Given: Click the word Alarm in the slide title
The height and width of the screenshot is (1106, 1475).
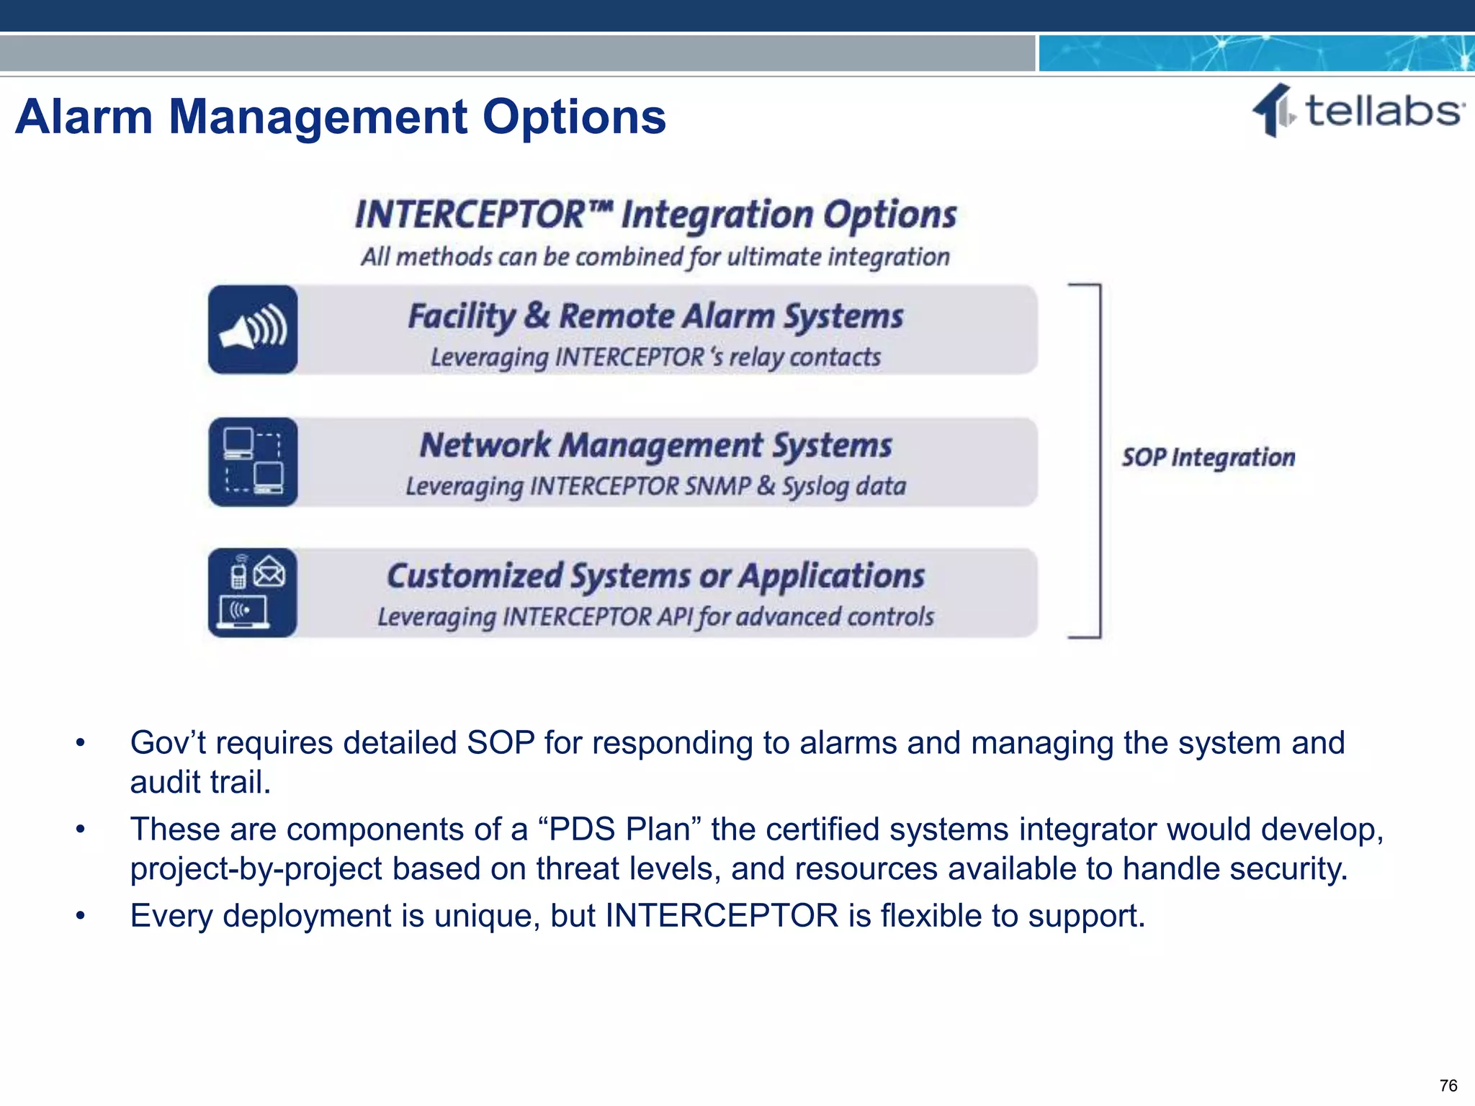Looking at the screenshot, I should (x=84, y=117).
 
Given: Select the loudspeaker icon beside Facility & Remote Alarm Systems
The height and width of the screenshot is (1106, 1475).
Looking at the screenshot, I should (x=253, y=330).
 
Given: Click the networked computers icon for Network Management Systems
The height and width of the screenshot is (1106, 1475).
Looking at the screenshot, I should (x=253, y=462).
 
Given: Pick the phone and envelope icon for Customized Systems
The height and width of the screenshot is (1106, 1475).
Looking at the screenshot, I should (x=253, y=593).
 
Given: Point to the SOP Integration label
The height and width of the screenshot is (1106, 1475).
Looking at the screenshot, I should (x=1208, y=458).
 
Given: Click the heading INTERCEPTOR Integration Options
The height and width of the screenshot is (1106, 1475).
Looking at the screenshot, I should (x=655, y=215).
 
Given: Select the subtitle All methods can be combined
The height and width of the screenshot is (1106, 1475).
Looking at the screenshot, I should (x=655, y=257).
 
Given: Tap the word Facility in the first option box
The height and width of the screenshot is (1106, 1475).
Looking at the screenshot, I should (x=461, y=317).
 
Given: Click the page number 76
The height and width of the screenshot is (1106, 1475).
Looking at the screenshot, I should (x=1448, y=1085).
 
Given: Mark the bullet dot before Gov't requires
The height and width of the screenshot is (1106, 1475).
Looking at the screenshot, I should (x=81, y=743).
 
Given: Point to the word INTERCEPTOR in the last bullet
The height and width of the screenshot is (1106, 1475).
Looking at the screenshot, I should (x=722, y=916).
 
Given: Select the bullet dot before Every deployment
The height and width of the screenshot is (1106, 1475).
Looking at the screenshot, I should (x=81, y=916).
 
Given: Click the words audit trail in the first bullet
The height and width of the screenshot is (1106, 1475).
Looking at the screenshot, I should (x=199, y=783).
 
